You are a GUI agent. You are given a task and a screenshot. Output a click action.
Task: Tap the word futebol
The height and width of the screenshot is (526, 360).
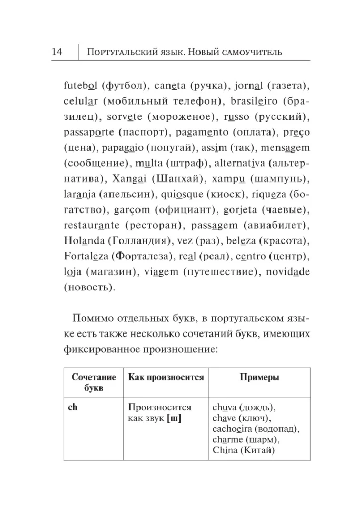click(x=80, y=85)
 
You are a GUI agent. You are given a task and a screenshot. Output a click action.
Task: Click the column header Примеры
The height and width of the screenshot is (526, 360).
click(x=259, y=378)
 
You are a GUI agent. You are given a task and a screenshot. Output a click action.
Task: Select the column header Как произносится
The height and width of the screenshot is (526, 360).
click(x=166, y=378)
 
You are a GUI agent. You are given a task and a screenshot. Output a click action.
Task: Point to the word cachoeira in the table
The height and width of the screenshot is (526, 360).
click(x=234, y=429)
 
